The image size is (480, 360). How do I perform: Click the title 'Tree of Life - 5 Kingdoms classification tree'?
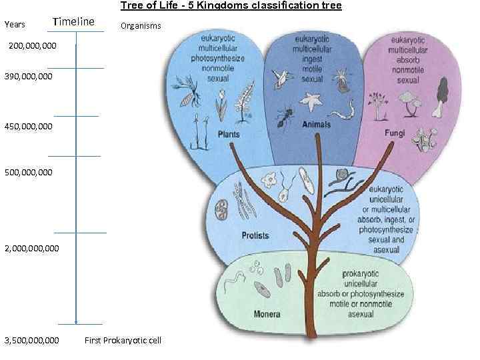[231, 6]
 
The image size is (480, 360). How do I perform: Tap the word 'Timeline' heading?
[73, 22]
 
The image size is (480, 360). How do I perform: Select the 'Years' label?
[15, 25]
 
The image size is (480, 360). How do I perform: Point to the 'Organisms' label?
[141, 26]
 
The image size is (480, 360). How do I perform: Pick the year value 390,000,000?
[28, 77]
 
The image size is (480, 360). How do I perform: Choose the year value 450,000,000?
[28, 126]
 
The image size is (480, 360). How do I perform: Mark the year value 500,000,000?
[28, 172]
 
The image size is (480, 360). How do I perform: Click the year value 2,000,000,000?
[31, 248]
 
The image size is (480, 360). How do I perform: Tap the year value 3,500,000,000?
[31, 341]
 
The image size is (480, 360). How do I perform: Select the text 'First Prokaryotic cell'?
[123, 341]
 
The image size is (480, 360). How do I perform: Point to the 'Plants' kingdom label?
[229, 134]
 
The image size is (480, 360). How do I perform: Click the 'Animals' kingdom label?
[316, 125]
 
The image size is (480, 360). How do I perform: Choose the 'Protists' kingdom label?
[256, 236]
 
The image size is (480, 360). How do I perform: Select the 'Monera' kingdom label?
[267, 313]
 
